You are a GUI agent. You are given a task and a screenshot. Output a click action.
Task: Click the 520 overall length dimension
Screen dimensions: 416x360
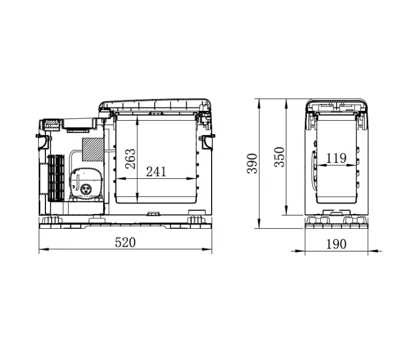pos(125,243)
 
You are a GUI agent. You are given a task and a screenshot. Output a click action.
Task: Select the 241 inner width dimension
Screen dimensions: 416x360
pos(156,172)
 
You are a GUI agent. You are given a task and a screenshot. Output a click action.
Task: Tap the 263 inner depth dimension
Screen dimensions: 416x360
pos(130,159)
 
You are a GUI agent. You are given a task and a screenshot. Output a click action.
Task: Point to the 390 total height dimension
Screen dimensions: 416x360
pos(252,163)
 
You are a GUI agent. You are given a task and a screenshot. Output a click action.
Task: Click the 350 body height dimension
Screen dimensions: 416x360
pos(279,157)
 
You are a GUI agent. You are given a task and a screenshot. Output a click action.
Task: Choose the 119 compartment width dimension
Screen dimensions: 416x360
pos(336,158)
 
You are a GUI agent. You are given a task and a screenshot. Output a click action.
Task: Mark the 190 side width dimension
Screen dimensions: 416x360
pos(336,244)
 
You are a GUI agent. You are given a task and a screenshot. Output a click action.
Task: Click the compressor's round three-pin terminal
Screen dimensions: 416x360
pos(86,189)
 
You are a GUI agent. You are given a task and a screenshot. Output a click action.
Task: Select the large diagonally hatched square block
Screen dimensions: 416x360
pos(93,150)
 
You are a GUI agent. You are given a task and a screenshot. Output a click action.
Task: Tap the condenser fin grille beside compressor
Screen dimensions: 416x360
pos(57,177)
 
